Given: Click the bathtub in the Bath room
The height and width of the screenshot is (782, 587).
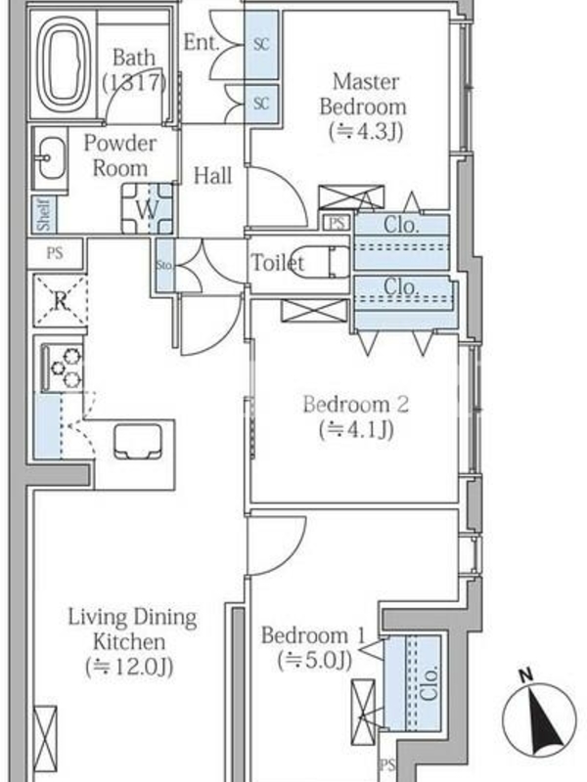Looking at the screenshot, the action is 63,64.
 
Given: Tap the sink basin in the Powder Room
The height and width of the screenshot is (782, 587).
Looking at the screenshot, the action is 51,158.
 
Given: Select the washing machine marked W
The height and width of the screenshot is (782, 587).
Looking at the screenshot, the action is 148,208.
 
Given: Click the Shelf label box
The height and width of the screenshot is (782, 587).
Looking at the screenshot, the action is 44,214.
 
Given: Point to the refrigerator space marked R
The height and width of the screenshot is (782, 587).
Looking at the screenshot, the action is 61,300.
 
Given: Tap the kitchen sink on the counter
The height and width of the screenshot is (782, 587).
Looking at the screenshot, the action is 138,442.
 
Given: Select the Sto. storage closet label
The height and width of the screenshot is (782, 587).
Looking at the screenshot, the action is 164,265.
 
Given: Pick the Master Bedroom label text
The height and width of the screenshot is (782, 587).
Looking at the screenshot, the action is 364,107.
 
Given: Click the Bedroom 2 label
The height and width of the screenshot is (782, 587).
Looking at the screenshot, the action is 356,416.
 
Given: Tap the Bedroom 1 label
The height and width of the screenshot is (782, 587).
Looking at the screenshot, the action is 313,647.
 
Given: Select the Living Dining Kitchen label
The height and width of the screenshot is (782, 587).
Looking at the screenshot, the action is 132,641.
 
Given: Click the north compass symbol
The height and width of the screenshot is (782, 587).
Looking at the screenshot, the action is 539,714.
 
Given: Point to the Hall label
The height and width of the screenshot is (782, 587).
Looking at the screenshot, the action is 212,176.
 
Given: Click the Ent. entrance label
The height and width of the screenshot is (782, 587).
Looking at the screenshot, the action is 202,42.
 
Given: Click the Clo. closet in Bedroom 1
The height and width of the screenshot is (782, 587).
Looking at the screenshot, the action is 413,683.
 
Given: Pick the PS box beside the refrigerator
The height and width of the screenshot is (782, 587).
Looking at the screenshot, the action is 55,253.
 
